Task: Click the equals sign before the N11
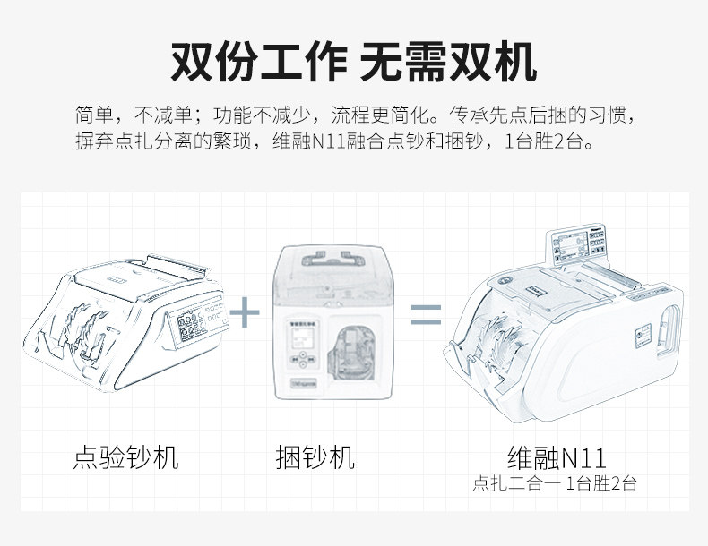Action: (426, 313)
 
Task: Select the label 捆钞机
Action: (315, 458)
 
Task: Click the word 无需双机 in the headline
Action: (448, 63)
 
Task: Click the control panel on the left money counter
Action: (192, 327)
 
